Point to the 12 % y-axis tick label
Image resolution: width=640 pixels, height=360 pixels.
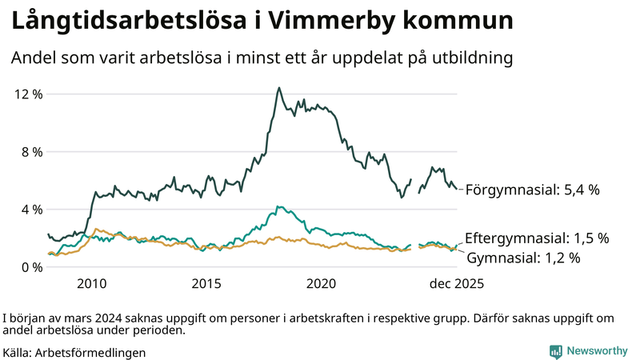point(29,94)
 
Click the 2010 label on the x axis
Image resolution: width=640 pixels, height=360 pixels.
point(92,284)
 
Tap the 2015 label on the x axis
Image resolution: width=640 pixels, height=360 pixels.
point(206,284)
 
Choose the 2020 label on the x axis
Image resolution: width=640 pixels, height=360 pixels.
point(322,284)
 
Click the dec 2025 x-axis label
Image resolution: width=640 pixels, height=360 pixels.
point(457,284)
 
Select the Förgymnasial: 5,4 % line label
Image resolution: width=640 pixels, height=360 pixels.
point(532,190)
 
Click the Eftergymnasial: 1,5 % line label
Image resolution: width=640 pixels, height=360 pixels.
point(537,238)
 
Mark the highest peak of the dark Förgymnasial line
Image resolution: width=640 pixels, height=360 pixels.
point(279,88)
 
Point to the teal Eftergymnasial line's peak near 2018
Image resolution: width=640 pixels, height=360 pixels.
point(278,206)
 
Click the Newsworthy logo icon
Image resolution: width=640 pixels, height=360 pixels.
point(555,351)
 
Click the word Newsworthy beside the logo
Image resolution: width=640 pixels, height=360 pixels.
point(596,351)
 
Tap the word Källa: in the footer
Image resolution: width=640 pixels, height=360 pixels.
point(18,352)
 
